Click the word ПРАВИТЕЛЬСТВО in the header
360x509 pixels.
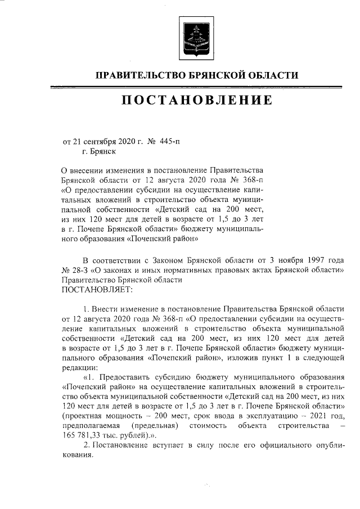(x=139, y=76)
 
